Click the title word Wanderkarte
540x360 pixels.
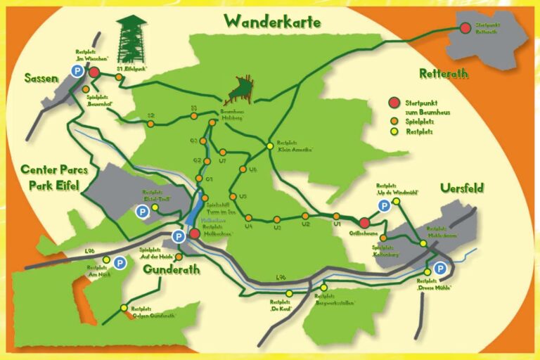pyautogui.click(x=273, y=22)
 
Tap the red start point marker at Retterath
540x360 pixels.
pyautogui.click(x=465, y=28)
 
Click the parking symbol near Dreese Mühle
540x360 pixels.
pyautogui.click(x=439, y=268)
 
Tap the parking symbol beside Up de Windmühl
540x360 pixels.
pyautogui.click(x=384, y=205)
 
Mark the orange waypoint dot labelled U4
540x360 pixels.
pyautogui.click(x=248, y=217)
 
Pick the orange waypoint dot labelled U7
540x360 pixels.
pyautogui.click(x=221, y=152)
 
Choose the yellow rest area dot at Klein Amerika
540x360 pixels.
pyautogui.click(x=269, y=146)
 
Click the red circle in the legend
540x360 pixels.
pyautogui.click(x=394, y=104)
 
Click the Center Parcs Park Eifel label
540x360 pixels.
pyautogui.click(x=55, y=178)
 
